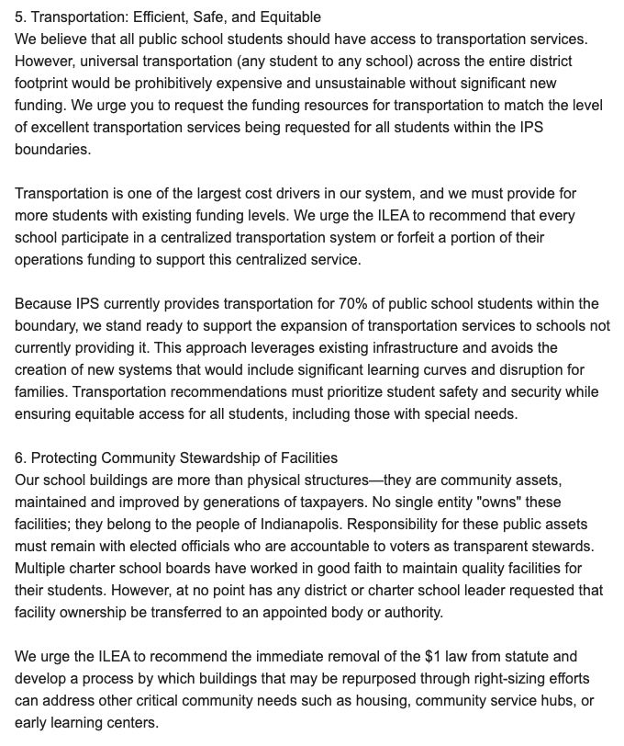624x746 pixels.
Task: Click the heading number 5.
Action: point(18,17)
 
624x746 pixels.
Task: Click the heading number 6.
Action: point(18,458)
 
